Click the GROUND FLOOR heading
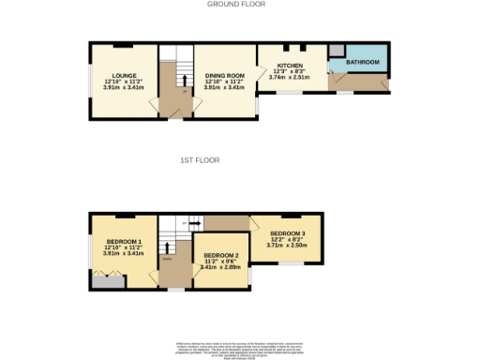(x=235, y=5)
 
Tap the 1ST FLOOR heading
(x=200, y=160)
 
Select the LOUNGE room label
(x=124, y=75)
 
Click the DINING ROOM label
(x=225, y=75)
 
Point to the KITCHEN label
(x=290, y=66)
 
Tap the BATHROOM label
(x=362, y=63)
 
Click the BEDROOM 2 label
(x=221, y=256)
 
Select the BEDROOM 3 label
(x=288, y=233)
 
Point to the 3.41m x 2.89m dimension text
(x=221, y=268)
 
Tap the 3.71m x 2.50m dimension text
(x=288, y=247)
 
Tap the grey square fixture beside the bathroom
(x=336, y=51)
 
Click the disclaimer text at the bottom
(x=238, y=348)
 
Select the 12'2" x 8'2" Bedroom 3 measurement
(x=288, y=240)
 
